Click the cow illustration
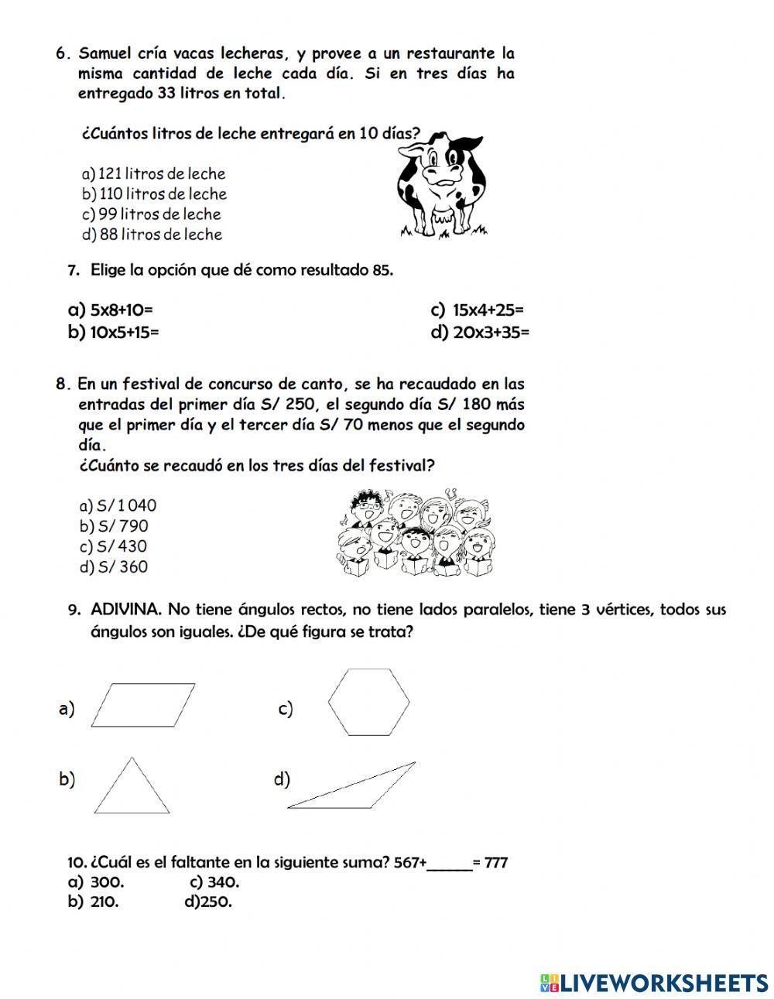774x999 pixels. [x=442, y=184]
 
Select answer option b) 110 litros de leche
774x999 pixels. [x=154, y=194]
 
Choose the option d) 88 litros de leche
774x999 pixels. [x=152, y=234]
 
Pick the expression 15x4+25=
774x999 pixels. [x=488, y=310]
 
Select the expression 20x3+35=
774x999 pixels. [x=491, y=333]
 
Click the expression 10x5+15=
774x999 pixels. [x=124, y=333]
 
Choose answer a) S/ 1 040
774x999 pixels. [x=118, y=505]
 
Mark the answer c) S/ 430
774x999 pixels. [x=113, y=546]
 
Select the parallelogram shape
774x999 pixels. [x=143, y=704]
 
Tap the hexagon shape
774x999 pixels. [x=368, y=701]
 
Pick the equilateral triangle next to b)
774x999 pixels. [x=132, y=786]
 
